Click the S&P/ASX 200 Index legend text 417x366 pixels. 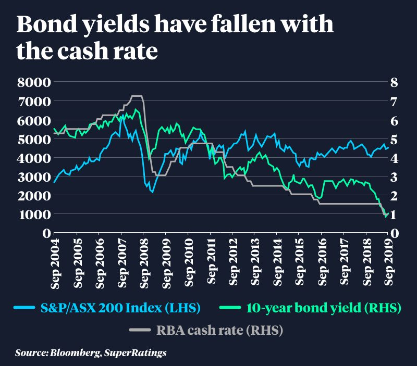tap(120, 308)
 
